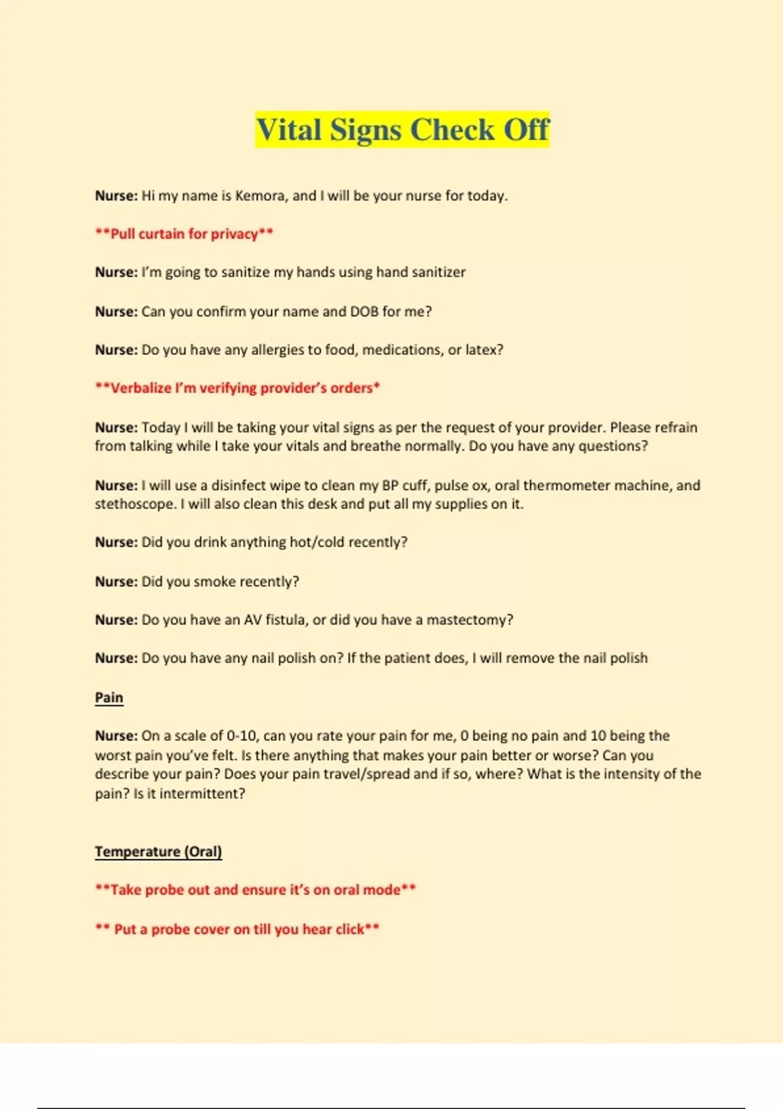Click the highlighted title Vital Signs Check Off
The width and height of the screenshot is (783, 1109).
point(403,130)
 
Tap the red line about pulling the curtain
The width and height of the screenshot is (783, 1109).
point(184,234)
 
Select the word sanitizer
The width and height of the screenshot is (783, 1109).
point(437,272)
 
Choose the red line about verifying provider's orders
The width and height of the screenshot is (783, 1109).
point(238,388)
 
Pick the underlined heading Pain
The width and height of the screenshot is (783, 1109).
point(109,697)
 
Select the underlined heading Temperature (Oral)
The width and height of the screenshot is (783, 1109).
point(159,851)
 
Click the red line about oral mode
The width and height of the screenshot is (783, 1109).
point(255,890)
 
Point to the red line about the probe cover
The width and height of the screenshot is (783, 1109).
point(238,929)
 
